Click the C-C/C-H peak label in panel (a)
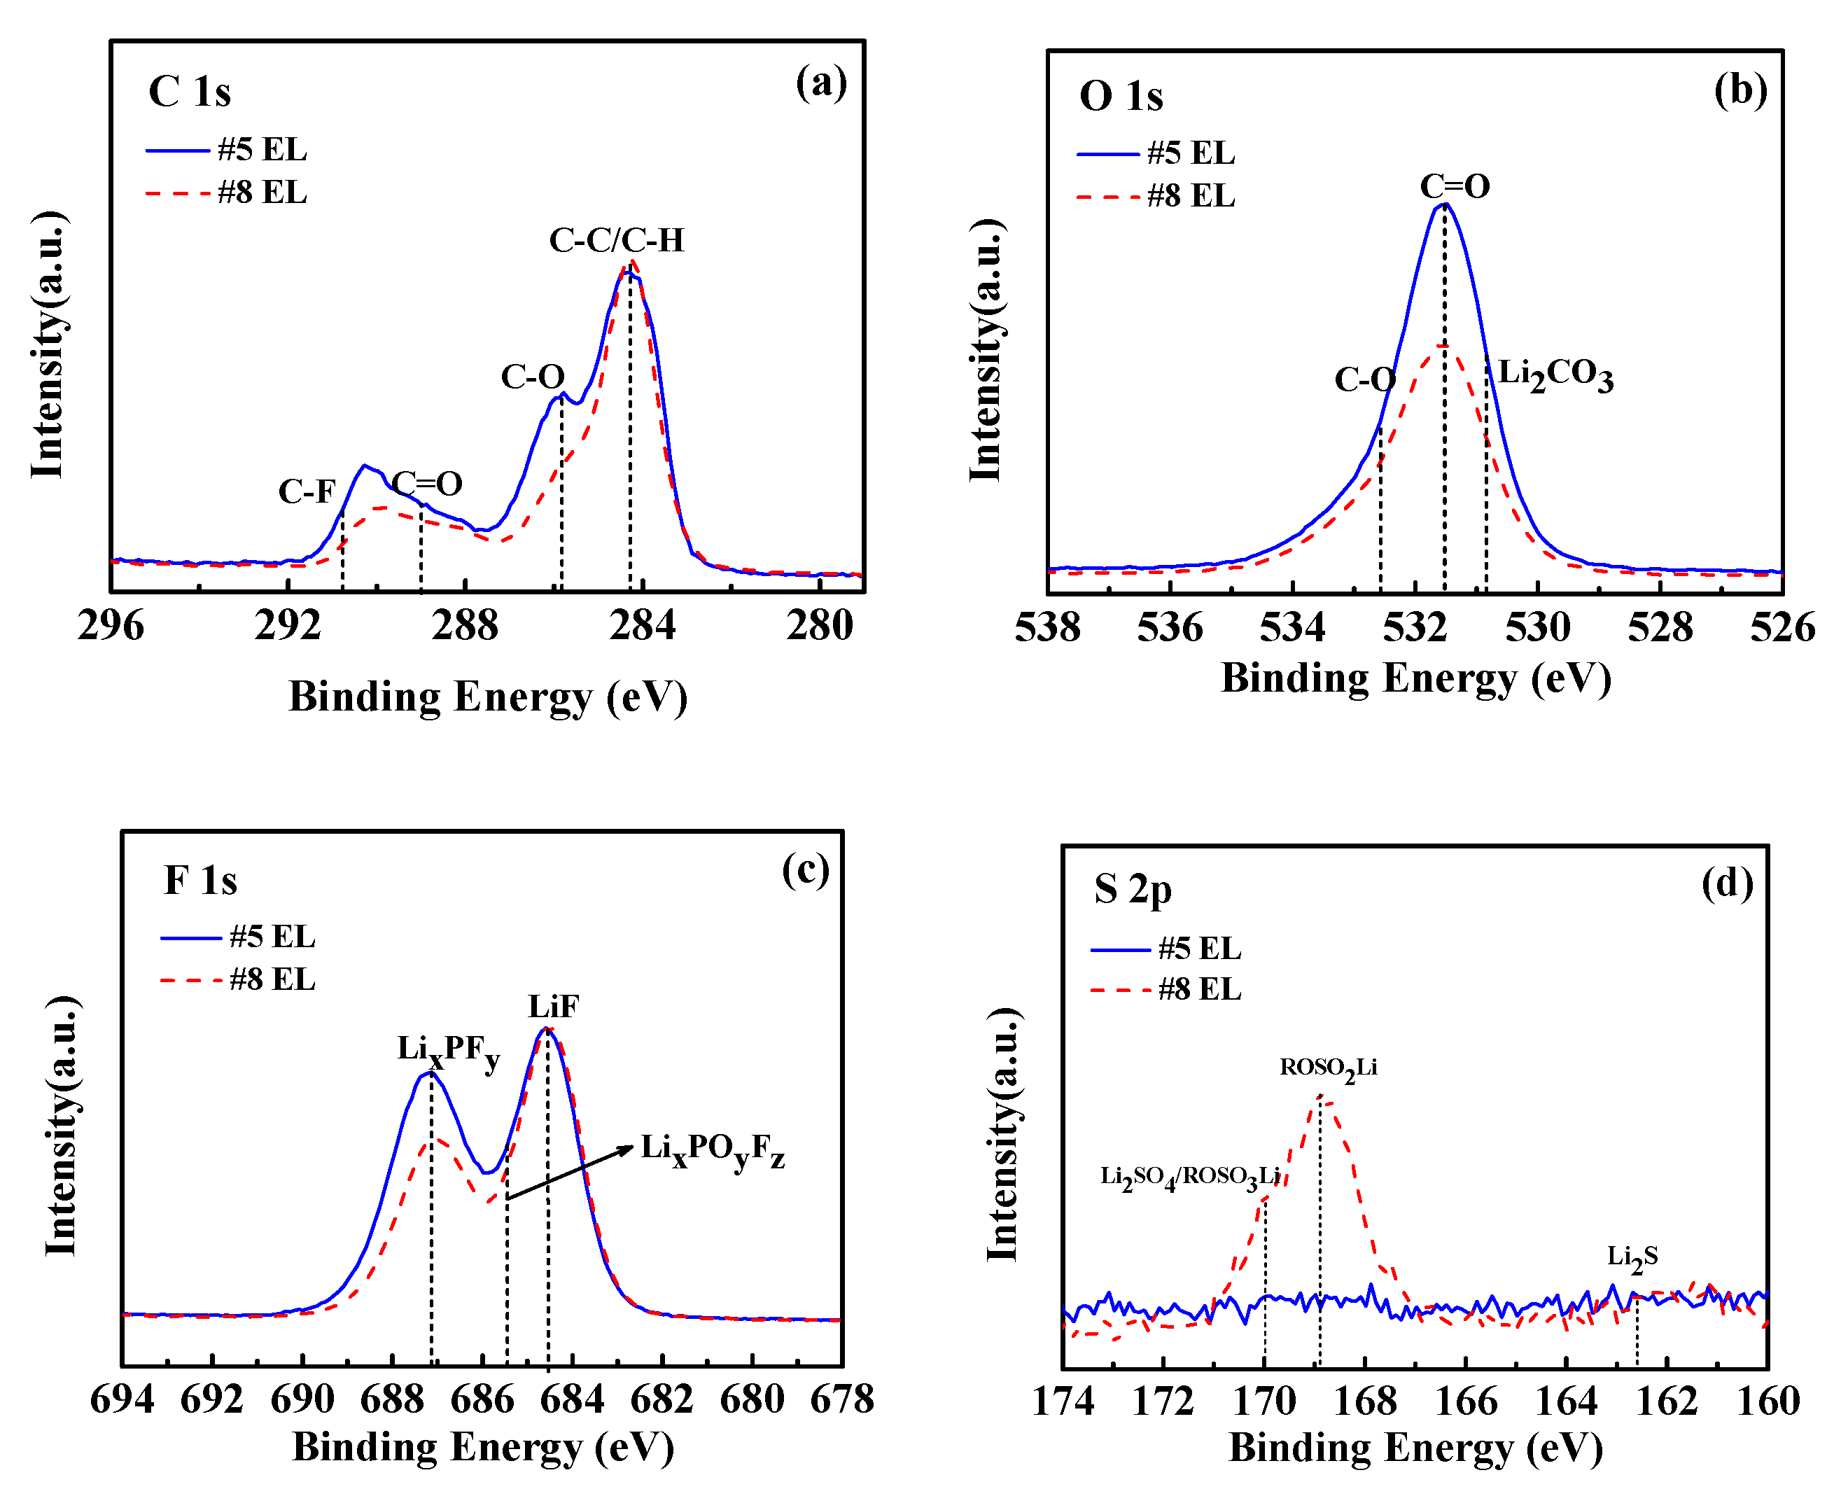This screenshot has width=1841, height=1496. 616,240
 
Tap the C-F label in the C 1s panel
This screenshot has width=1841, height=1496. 306,492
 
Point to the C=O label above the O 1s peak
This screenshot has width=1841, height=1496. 1455,186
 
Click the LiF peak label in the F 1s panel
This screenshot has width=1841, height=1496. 553,1007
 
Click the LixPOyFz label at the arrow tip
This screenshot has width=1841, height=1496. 713,1150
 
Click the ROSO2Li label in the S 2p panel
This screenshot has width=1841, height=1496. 1328,1068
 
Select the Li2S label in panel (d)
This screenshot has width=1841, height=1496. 1632,1257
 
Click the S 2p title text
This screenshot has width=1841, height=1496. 1132,889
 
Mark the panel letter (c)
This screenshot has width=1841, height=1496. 804,869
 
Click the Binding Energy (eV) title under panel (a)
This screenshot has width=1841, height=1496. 488,697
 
